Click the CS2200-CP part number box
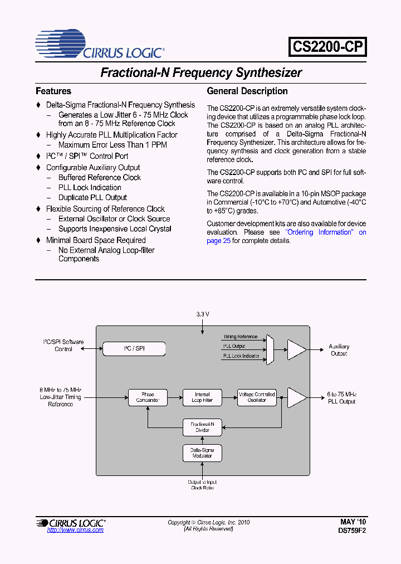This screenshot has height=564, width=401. pyautogui.click(x=328, y=47)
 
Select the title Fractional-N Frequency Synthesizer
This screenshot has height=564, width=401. pyautogui.click(x=200, y=72)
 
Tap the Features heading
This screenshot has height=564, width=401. pyautogui.click(x=53, y=91)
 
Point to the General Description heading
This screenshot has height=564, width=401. pyautogui.click(x=247, y=91)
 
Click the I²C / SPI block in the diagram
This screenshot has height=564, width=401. pyautogui.click(x=134, y=349)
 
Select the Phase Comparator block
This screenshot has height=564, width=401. pyautogui.click(x=148, y=397)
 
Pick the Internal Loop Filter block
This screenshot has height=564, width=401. pyautogui.click(x=202, y=397)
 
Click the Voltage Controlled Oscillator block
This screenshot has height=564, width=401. pyautogui.click(x=257, y=397)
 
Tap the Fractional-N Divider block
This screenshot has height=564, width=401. pyautogui.click(x=202, y=427)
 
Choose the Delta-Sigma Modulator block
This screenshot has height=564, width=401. pyautogui.click(x=202, y=453)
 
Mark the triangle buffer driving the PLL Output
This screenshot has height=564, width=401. pyautogui.click(x=296, y=397)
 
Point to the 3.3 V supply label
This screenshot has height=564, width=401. pyautogui.click(x=203, y=314)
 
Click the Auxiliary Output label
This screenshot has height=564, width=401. pyautogui.click(x=339, y=350)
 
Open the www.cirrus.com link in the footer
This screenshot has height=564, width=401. pyautogui.click(x=75, y=530)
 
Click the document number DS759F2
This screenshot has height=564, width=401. pyautogui.click(x=352, y=531)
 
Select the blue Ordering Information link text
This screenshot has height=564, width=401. pyautogui.click(x=320, y=232)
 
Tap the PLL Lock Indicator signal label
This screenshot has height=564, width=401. pyautogui.click(x=241, y=356)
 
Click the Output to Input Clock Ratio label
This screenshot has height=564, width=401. pyautogui.click(x=202, y=485)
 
